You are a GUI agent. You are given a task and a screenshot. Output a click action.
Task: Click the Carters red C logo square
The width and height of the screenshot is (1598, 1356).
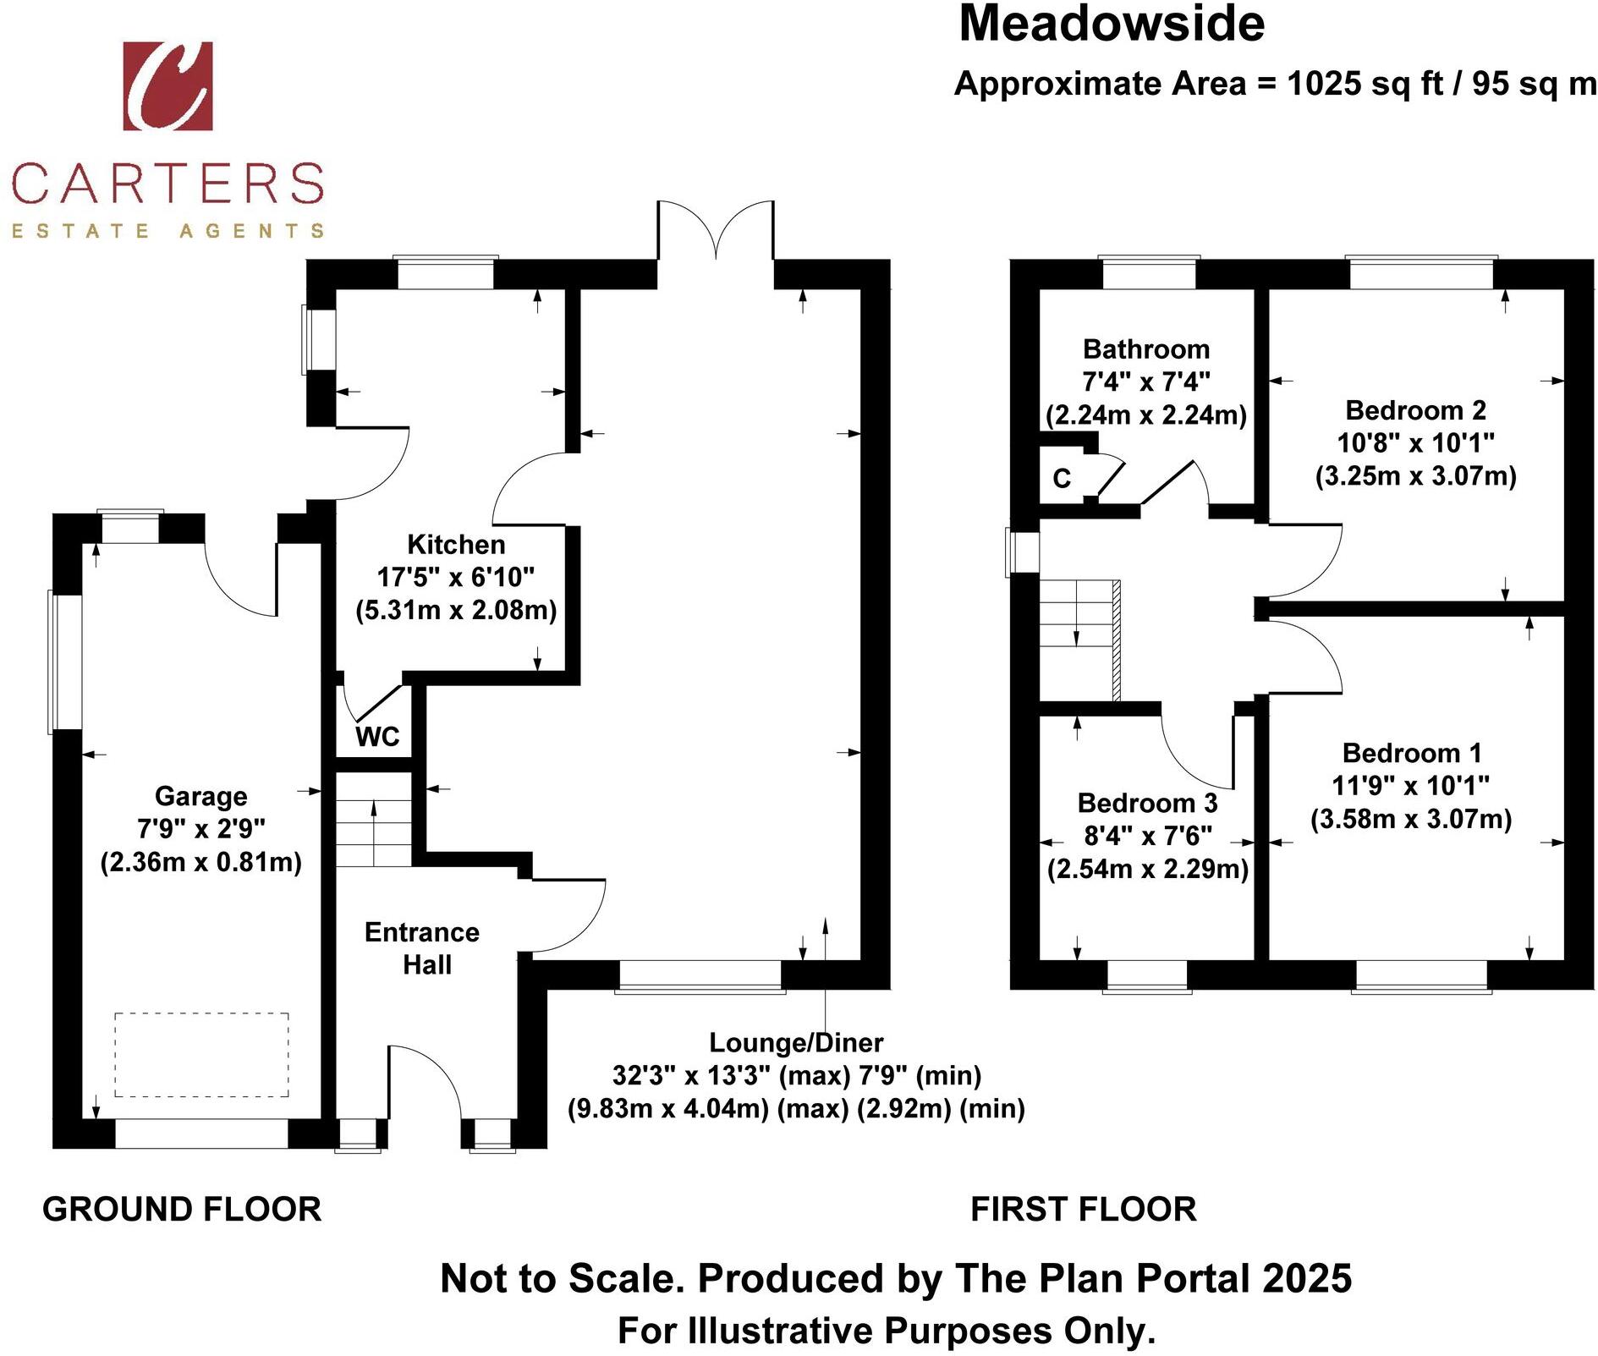pyautogui.click(x=167, y=86)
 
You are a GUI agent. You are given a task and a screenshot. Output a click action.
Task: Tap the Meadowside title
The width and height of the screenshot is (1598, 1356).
pyautogui.click(x=1111, y=25)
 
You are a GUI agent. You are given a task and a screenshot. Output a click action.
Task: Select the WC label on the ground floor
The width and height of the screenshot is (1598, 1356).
pyautogui.click(x=376, y=737)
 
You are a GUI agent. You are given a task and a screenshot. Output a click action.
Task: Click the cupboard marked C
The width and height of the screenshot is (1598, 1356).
pyautogui.click(x=1062, y=479)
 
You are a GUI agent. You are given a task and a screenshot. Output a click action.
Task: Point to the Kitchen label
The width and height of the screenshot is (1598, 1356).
pyautogui.click(x=456, y=544)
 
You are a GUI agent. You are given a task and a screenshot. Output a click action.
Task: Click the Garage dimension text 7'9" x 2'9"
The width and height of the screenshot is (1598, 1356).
pyautogui.click(x=201, y=829)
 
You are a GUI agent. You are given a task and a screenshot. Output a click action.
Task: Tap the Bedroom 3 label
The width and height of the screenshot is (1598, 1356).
pyautogui.click(x=1147, y=802)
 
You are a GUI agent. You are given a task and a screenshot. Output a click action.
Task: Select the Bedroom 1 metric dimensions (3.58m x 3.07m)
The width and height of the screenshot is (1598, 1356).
pyautogui.click(x=1411, y=819)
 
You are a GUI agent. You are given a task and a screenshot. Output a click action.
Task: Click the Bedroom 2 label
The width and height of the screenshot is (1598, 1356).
pyautogui.click(x=1415, y=410)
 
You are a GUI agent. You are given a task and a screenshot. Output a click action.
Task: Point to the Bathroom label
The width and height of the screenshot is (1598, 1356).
pyautogui.click(x=1146, y=349)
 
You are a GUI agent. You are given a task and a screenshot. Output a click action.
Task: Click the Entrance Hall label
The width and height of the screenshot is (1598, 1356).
pyautogui.click(x=422, y=948)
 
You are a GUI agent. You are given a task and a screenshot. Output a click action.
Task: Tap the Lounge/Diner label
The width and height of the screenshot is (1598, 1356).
pyautogui.click(x=796, y=1042)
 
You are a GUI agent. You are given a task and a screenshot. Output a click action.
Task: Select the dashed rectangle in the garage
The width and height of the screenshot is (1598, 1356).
pyautogui.click(x=201, y=1054)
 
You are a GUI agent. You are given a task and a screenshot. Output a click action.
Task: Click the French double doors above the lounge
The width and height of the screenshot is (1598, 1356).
pyautogui.click(x=716, y=229)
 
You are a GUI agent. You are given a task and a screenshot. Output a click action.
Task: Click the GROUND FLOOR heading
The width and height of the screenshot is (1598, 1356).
pyautogui.click(x=182, y=1210)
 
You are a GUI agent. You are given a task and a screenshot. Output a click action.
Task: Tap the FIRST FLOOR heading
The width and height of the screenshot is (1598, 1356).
pyautogui.click(x=1083, y=1210)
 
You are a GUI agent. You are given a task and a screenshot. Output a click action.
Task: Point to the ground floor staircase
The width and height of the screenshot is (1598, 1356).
pyautogui.click(x=374, y=820)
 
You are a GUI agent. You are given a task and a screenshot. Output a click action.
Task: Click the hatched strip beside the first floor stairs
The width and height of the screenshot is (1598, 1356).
pyautogui.click(x=1116, y=640)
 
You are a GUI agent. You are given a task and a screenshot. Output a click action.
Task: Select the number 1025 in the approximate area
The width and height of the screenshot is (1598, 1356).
pyautogui.click(x=1324, y=84)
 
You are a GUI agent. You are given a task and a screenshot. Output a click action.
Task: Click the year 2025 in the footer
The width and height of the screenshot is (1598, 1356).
pyautogui.click(x=1307, y=1278)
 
